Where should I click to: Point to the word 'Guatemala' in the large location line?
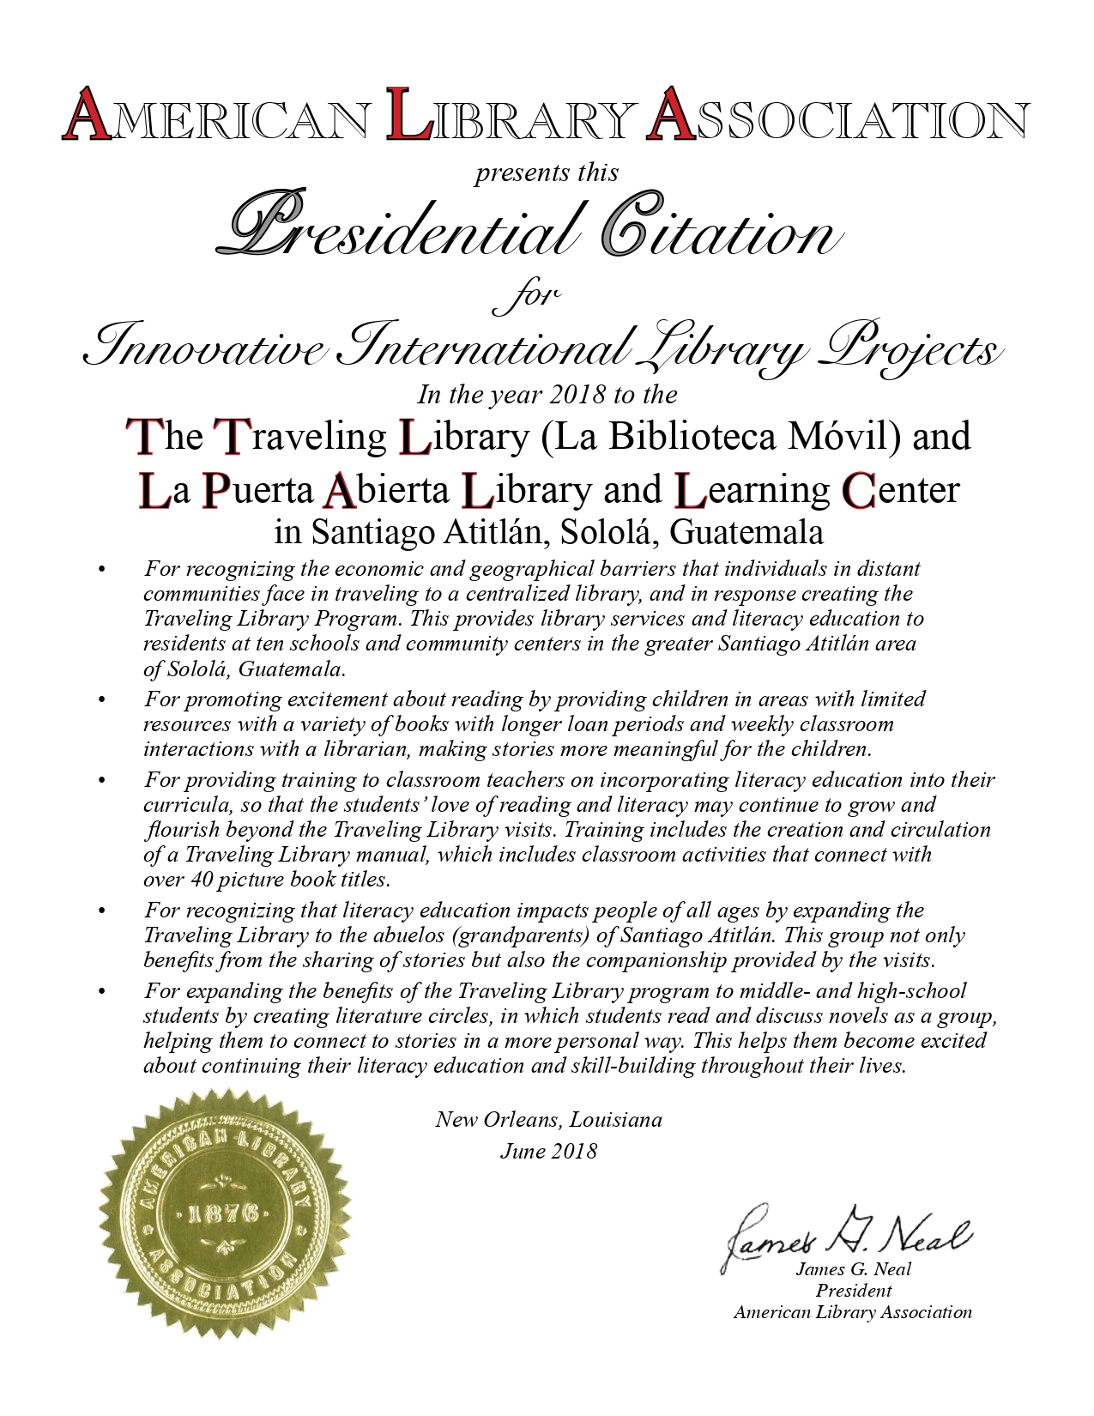[x=746, y=533]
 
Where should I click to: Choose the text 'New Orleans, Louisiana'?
[x=548, y=1119]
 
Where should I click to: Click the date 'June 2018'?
[x=548, y=1151]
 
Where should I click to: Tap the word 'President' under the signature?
[x=853, y=1291]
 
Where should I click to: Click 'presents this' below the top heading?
[x=547, y=172]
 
